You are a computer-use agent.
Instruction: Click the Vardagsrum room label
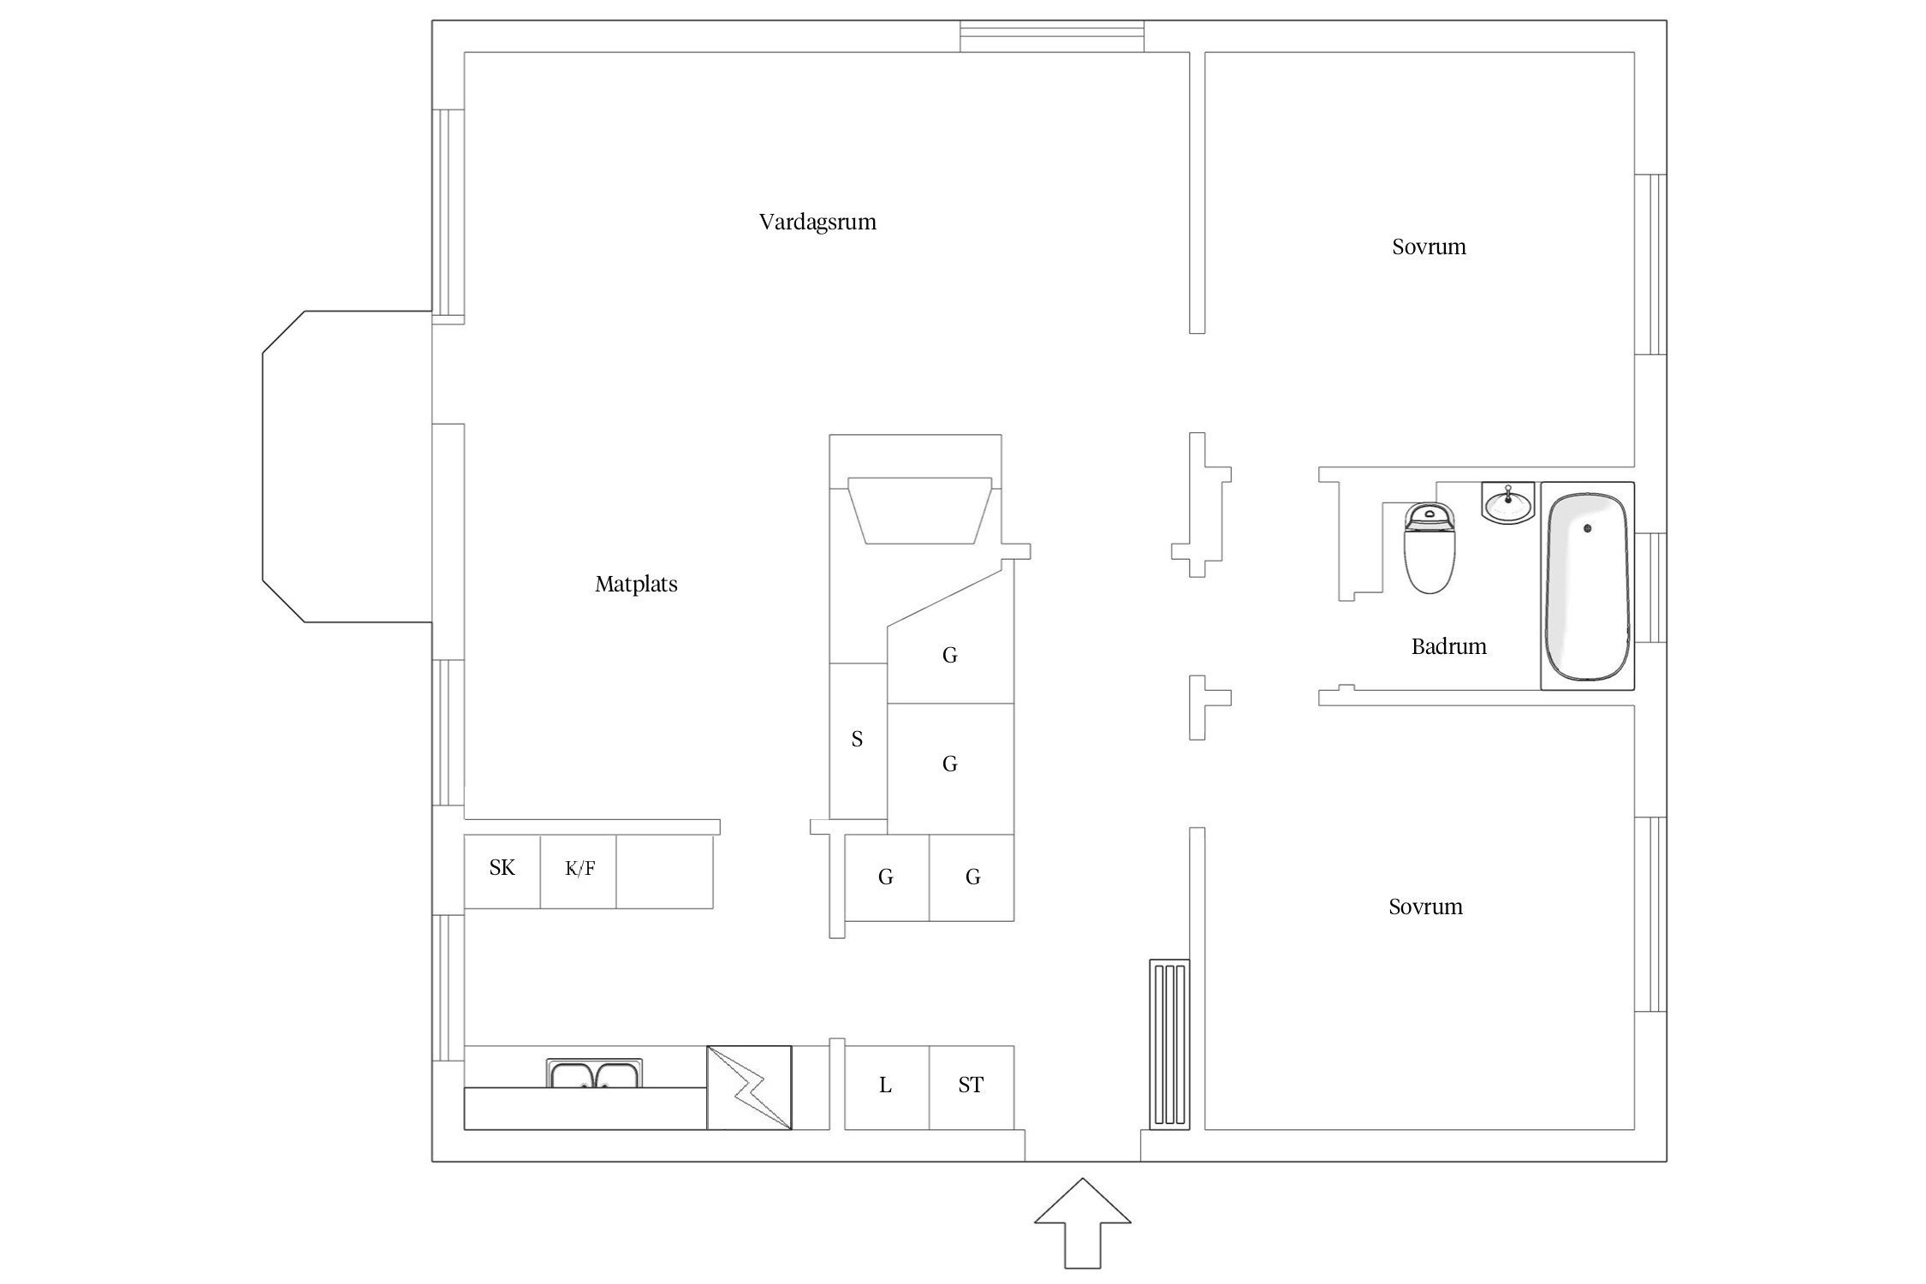click(817, 223)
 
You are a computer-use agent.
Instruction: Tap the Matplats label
click(636, 585)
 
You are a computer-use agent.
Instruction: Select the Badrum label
click(1448, 646)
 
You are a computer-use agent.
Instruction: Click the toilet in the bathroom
click(1430, 548)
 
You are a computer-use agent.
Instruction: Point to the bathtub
click(1587, 586)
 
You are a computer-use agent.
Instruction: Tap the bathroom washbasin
click(1508, 502)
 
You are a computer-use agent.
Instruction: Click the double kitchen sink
click(594, 1073)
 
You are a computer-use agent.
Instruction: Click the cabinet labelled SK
click(502, 871)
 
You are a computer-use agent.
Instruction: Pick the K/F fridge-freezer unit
click(578, 871)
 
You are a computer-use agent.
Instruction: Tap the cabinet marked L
click(887, 1087)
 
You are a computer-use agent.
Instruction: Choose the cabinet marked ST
click(972, 1087)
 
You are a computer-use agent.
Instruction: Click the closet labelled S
click(859, 740)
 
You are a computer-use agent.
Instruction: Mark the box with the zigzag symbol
click(749, 1087)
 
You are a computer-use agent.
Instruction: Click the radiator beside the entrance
click(1169, 1044)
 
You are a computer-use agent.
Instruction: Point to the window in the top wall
click(1051, 36)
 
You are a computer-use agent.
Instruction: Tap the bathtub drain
click(1588, 528)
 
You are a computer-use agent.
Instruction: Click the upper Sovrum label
click(1429, 247)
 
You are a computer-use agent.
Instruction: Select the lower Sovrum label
click(1425, 907)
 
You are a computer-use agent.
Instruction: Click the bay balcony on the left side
click(347, 467)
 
